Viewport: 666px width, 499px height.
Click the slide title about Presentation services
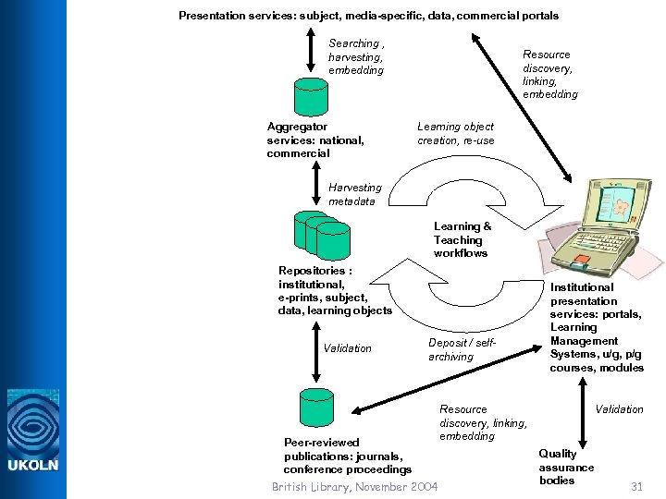[368, 16]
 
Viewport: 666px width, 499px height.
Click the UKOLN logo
[33, 431]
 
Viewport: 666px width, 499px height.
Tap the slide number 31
[636, 486]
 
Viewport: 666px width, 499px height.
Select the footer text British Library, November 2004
[354, 486]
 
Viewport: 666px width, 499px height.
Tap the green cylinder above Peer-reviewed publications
[316, 408]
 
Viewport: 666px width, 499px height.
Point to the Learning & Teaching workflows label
[462, 239]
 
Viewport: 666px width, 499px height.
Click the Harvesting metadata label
[354, 194]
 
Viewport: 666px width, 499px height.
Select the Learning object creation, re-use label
[455, 133]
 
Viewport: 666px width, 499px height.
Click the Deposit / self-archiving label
[462, 349]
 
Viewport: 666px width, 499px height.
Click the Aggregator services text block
[314, 140]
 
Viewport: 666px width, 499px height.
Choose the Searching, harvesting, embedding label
[356, 56]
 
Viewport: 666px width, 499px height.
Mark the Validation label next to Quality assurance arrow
[619, 408]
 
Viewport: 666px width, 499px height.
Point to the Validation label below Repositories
[347, 348]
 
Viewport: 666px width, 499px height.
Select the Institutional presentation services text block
[596, 328]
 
